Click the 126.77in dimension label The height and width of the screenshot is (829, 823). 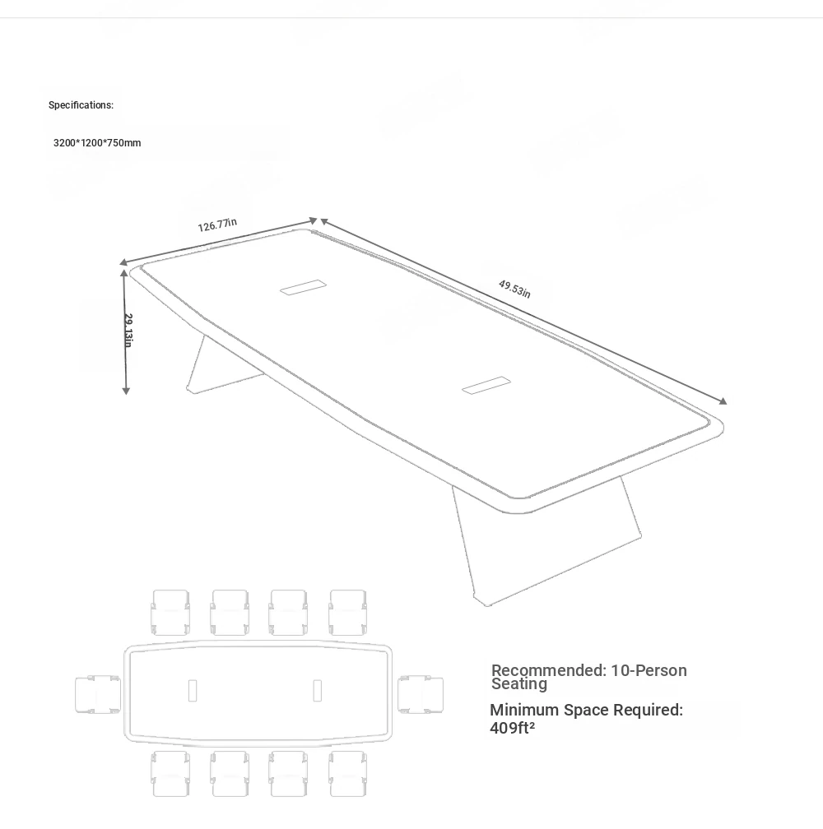(217, 225)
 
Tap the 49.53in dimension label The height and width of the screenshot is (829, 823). (514, 289)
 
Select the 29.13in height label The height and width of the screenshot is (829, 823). (128, 331)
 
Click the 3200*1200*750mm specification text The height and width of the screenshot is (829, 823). (97, 143)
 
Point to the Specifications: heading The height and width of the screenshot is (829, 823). (81, 104)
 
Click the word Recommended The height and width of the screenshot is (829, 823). (548, 670)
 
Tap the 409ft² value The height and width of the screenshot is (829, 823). (512, 728)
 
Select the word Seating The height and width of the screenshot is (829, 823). (519, 683)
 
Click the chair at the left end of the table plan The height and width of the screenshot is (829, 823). (98, 695)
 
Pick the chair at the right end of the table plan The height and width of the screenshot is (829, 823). (421, 695)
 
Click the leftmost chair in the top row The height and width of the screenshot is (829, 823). (170, 612)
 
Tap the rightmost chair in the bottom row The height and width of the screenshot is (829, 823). (347, 773)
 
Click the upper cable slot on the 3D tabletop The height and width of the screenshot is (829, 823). (303, 287)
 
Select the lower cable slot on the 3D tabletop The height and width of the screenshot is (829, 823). (486, 385)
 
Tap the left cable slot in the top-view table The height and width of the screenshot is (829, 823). (193, 691)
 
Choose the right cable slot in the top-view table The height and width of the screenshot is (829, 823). (318, 691)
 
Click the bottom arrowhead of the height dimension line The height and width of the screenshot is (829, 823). (126, 391)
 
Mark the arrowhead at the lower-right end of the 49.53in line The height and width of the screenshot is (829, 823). (723, 401)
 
